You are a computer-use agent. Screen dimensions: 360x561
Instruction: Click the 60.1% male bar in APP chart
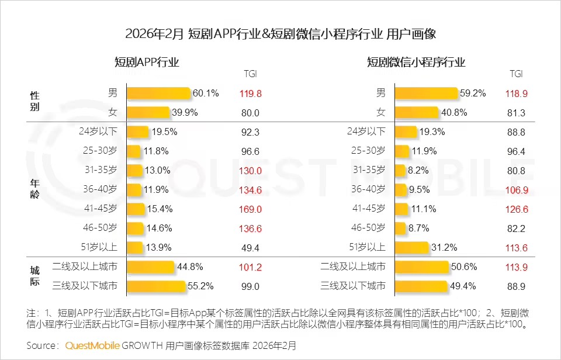158,94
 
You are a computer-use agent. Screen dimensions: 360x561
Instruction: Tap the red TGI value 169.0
250,209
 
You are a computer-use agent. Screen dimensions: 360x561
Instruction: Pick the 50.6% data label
464,267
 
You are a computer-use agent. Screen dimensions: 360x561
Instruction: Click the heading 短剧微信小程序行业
416,62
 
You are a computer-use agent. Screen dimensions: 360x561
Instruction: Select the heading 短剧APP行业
147,62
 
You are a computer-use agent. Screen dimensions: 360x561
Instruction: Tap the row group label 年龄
35,189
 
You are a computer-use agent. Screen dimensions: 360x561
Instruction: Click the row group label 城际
35,276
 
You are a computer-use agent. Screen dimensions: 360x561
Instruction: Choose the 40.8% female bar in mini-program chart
417,113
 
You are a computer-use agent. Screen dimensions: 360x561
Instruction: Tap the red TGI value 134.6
250,189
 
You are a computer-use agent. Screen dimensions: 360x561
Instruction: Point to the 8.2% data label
420,170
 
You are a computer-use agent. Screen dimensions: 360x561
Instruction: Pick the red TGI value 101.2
250,267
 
